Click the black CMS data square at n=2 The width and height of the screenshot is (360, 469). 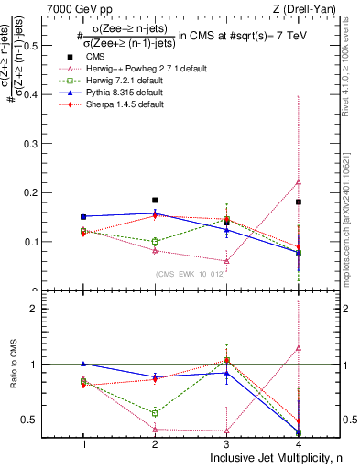click(155, 200)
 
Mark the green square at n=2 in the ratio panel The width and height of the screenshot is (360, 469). click(155, 413)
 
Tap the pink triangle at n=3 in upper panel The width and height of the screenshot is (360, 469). click(227, 261)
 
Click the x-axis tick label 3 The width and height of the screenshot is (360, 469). click(227, 444)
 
